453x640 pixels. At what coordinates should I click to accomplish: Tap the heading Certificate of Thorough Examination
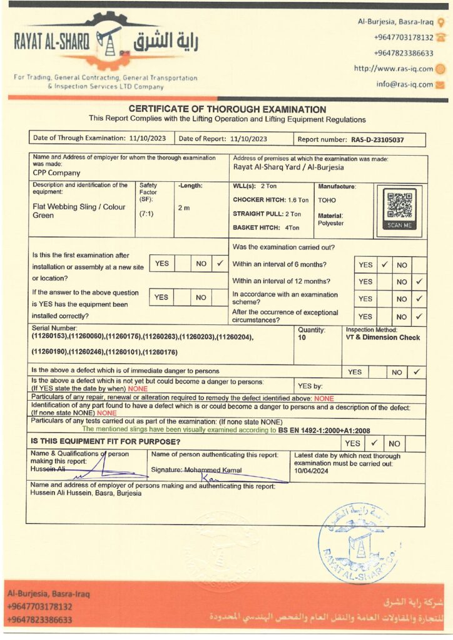click(227, 109)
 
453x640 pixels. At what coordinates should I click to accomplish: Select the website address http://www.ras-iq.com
click(393, 69)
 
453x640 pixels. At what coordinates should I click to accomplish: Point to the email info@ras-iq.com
click(404, 84)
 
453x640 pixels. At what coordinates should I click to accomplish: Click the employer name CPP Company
click(56, 173)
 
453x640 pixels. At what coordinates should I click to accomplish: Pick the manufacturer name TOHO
click(327, 201)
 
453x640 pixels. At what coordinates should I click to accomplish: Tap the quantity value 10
click(302, 337)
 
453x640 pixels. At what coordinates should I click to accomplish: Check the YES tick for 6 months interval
click(384, 264)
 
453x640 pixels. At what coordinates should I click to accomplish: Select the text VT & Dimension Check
click(383, 337)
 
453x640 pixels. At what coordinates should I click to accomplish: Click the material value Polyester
click(331, 222)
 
